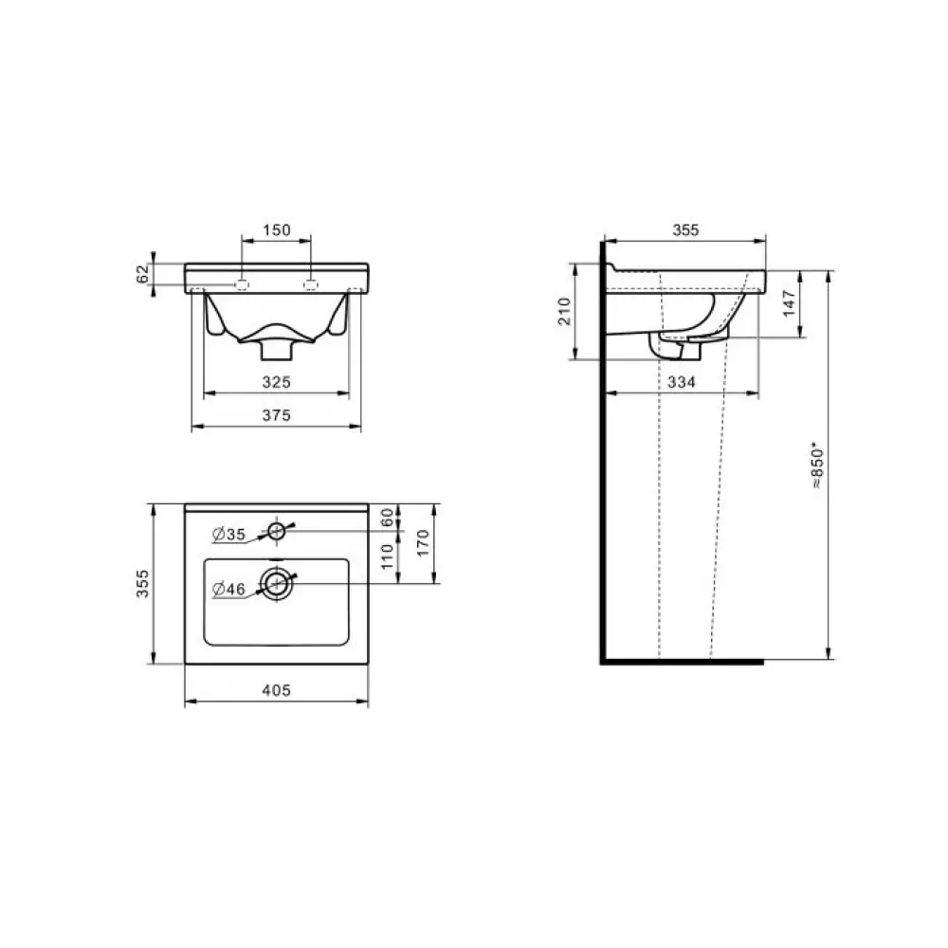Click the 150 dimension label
tap(276, 229)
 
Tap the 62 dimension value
tap(143, 274)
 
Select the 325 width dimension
tap(276, 382)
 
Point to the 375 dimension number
tap(276, 415)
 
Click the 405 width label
tap(276, 690)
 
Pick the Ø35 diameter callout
tap(229, 534)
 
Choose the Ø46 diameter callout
tap(229, 589)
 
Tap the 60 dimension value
tap(388, 517)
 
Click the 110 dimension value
tap(388, 556)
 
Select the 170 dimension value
tap(423, 543)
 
